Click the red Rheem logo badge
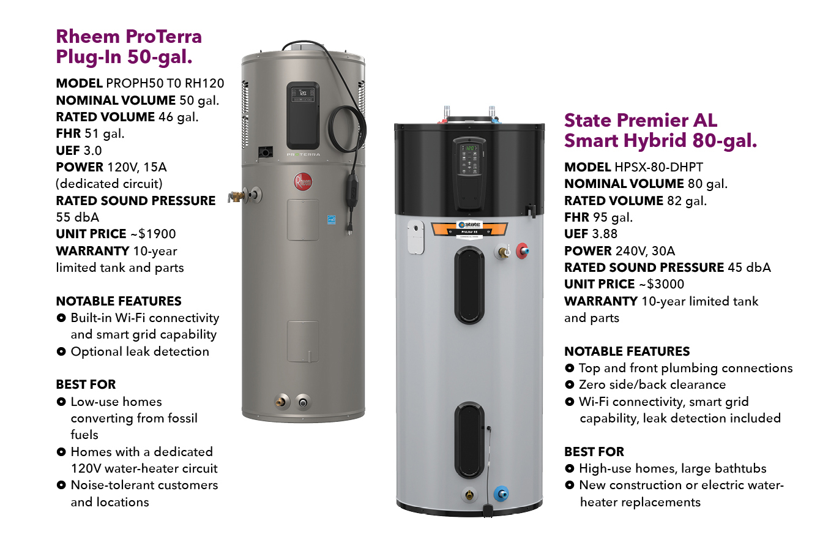(x=303, y=181)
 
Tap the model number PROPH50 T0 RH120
(x=165, y=83)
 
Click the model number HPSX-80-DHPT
(x=659, y=167)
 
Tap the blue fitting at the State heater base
(x=501, y=494)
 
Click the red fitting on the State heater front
(x=523, y=251)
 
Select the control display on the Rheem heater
(x=302, y=94)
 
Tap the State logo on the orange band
(x=470, y=224)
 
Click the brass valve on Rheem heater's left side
(x=236, y=196)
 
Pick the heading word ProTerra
(x=163, y=37)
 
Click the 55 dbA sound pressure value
(x=78, y=217)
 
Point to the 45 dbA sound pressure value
(x=750, y=268)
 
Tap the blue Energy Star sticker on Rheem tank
(x=332, y=220)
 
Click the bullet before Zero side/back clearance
(x=569, y=384)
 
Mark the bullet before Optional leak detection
(x=61, y=351)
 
